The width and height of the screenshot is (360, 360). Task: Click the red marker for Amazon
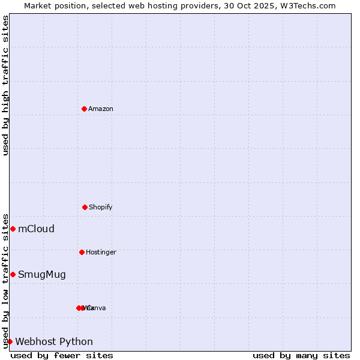point(84,109)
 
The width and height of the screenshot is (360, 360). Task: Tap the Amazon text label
point(101,109)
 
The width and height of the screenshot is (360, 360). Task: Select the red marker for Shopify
point(85,207)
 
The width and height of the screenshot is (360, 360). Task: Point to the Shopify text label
point(101,207)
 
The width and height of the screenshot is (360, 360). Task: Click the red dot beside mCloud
point(13,229)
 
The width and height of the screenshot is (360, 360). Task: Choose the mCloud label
point(36,229)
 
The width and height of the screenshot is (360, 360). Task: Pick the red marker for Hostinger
point(82,252)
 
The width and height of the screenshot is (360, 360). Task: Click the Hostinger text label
point(101,252)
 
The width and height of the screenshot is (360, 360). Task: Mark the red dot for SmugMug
point(13,274)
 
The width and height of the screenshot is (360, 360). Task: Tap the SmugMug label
point(42,275)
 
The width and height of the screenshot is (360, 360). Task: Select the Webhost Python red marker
point(10,341)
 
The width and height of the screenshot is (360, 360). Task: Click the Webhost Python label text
point(54,341)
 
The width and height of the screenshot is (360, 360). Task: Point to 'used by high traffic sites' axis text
point(5,85)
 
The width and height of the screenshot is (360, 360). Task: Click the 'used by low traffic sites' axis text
point(5,281)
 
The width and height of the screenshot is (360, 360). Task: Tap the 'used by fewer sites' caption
point(62,355)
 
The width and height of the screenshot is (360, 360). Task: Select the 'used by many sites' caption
point(301,355)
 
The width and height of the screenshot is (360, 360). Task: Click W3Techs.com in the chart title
point(310,5)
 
